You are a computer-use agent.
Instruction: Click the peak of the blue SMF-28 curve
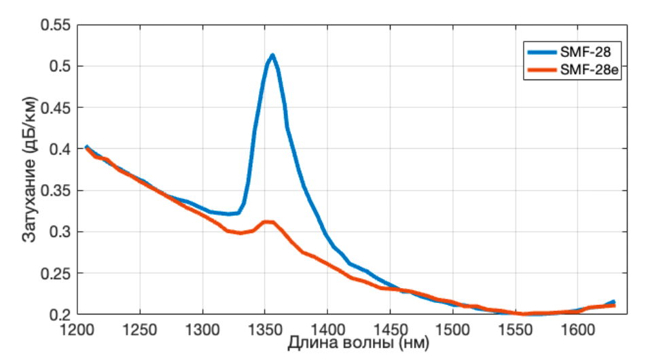272,55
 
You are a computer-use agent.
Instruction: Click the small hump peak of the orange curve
267,221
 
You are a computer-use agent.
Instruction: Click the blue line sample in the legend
541,52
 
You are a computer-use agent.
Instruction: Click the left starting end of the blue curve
86,147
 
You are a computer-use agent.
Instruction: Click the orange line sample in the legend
541,69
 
